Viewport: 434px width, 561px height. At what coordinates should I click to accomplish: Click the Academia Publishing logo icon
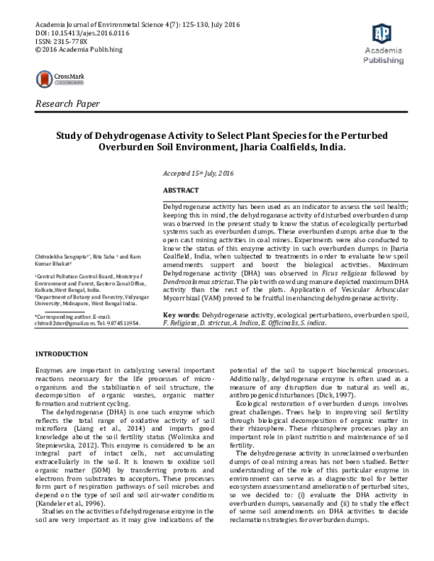coord(381,33)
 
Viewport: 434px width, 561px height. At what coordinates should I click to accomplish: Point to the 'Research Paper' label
coord(69,105)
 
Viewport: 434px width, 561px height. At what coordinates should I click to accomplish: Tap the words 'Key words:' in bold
coord(182,315)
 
